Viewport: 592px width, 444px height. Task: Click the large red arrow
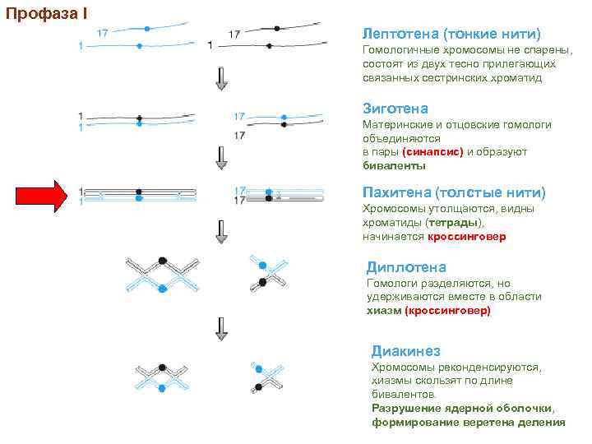coord(46,195)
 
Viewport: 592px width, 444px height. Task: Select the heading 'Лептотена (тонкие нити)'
coord(451,34)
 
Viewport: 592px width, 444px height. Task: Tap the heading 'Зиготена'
coord(395,109)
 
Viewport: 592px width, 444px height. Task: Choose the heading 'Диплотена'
coord(406,267)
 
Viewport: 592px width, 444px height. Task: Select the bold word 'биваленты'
coord(394,165)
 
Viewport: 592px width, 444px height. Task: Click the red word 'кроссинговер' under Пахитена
coord(467,237)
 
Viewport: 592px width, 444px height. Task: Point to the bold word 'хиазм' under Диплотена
coord(383,311)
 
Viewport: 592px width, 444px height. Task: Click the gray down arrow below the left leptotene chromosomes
coord(221,78)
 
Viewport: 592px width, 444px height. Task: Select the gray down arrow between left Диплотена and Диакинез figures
coord(221,329)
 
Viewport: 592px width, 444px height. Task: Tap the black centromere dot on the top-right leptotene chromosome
coord(277,27)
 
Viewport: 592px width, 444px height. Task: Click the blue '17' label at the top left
coord(103,34)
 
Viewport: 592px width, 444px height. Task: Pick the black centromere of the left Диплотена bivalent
coord(163,261)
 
